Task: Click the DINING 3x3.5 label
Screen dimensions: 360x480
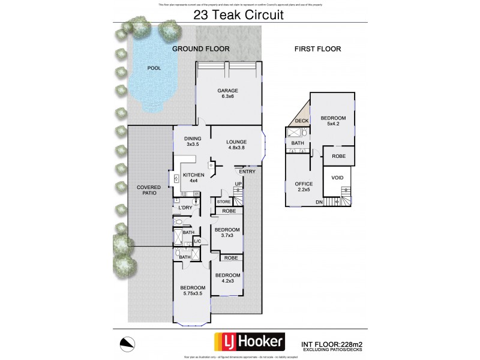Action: pos(192,142)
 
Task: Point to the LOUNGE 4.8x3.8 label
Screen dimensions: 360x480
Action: pos(236,146)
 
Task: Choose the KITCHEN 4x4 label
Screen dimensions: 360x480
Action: pos(194,178)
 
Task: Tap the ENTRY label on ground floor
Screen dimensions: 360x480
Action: pos(247,172)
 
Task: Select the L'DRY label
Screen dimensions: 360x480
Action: pos(185,208)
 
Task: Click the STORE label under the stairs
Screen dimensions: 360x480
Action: pos(224,202)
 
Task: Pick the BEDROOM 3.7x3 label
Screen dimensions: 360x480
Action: pos(227,233)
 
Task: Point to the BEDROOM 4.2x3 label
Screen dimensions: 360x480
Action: pos(227,280)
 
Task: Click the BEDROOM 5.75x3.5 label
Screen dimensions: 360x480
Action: pos(193,292)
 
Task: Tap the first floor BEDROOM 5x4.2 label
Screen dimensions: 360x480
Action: pos(331,121)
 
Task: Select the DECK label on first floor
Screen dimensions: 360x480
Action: pos(301,121)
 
